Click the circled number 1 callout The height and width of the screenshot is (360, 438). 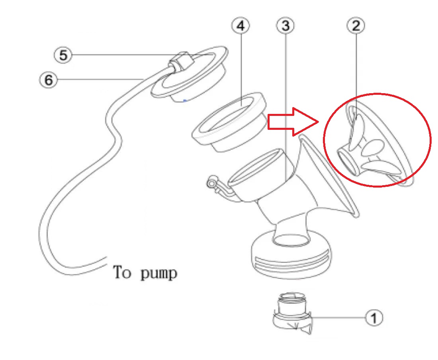pos(374,317)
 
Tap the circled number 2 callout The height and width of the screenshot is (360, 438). pos(356,25)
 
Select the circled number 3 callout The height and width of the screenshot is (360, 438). pos(285,25)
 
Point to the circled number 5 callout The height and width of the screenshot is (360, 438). pos(63,55)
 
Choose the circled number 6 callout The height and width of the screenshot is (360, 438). pos(48,80)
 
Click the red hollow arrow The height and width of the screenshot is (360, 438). pos(293,122)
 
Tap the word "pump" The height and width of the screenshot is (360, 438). pos(158,274)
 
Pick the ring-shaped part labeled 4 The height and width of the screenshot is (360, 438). pos(229,122)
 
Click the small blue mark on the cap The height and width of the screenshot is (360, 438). pos(184,100)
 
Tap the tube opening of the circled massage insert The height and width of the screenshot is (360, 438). pos(348,162)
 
